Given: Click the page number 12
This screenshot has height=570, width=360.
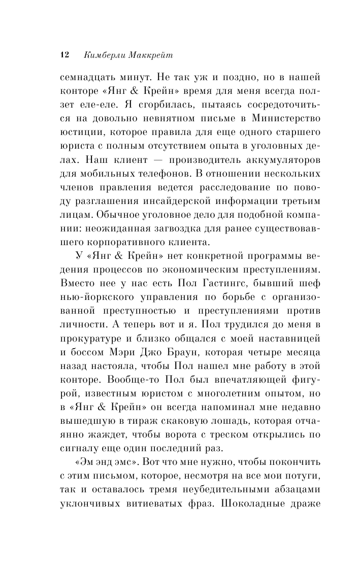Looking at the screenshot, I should pos(64,54).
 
